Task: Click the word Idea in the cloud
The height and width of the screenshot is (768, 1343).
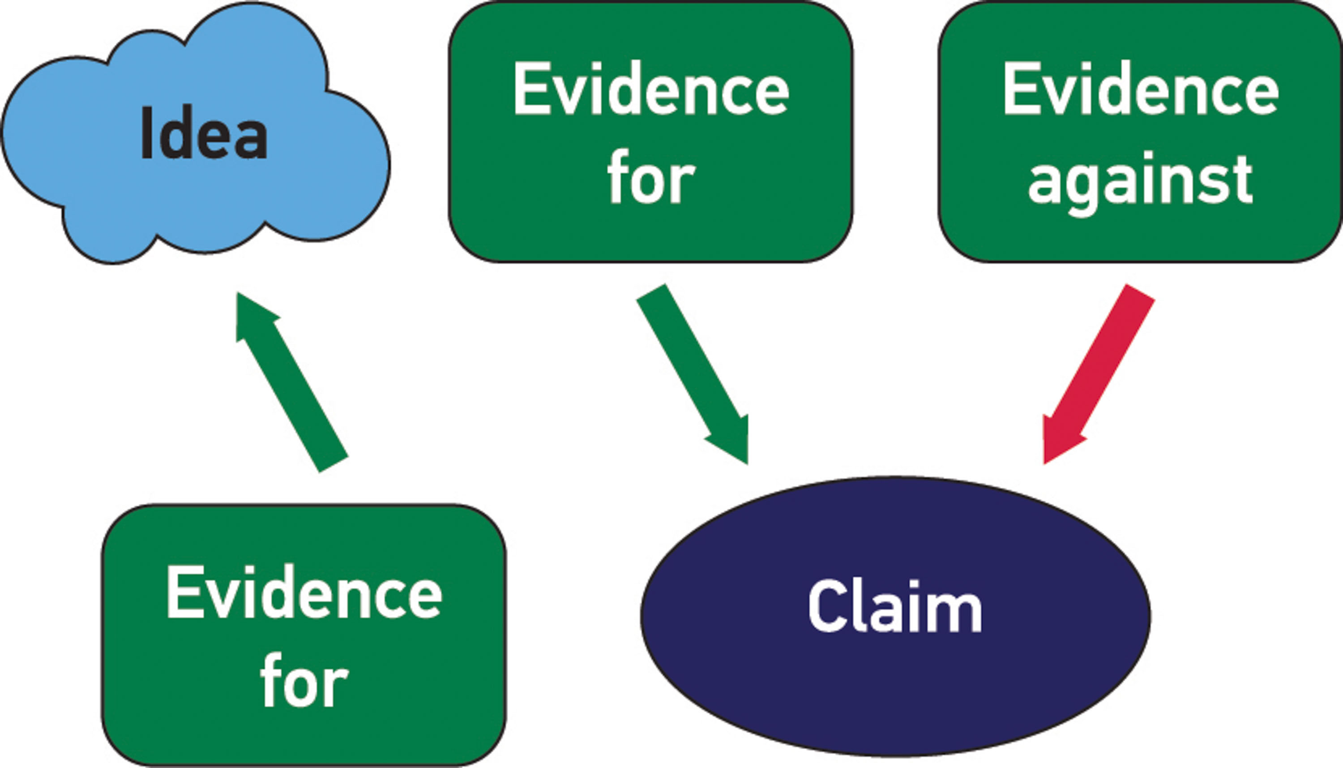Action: (x=205, y=133)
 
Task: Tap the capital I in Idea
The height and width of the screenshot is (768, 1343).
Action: (x=147, y=133)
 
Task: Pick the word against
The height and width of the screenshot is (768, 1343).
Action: (x=1140, y=180)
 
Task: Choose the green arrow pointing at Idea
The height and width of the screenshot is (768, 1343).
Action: (x=291, y=382)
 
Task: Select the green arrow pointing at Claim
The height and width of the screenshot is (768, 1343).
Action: (x=693, y=374)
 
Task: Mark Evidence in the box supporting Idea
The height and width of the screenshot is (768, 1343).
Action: (x=304, y=592)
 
